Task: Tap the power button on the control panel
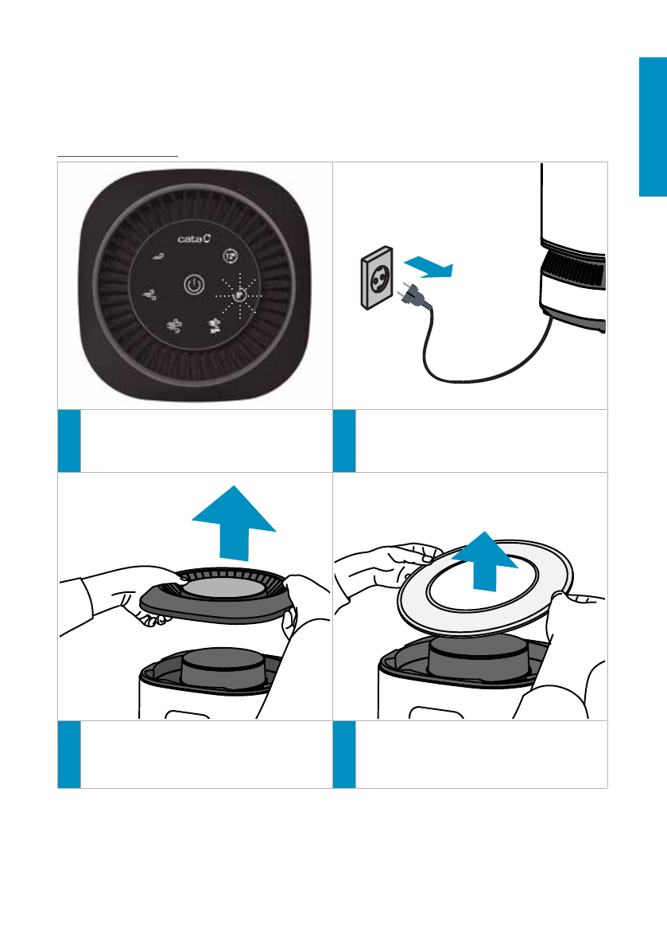click(194, 284)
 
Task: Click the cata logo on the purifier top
click(194, 239)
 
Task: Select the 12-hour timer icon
click(230, 256)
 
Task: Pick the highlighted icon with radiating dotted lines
click(239, 295)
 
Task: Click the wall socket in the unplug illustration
click(378, 278)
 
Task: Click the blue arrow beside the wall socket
click(428, 267)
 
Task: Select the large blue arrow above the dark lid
click(234, 523)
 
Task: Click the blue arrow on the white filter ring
click(485, 561)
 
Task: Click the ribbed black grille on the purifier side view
click(573, 269)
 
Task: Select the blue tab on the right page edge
click(653, 127)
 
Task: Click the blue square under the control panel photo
click(69, 441)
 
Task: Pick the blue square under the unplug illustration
click(344, 441)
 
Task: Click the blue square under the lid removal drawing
click(69, 755)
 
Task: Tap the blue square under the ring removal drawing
click(344, 755)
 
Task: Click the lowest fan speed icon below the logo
click(158, 258)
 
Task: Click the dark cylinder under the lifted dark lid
click(223, 667)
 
